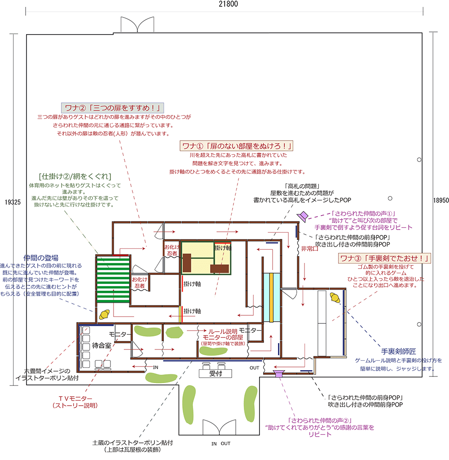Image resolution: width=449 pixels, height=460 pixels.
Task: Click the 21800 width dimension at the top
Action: point(228,4)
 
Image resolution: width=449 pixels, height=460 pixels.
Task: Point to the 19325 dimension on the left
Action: point(13,202)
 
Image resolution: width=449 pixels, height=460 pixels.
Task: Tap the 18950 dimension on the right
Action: point(441,200)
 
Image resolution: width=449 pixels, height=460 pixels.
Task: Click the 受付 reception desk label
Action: point(216,373)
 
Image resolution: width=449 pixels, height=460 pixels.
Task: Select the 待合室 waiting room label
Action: point(101,345)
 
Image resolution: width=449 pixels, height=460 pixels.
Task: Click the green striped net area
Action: point(113,279)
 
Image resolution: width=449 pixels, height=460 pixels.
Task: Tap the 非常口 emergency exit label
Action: point(309,249)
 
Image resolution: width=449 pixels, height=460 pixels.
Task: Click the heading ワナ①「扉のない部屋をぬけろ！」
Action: point(236,146)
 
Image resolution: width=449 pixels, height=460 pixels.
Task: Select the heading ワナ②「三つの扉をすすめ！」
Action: point(112,108)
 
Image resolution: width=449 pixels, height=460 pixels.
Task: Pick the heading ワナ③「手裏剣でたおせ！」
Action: point(384,258)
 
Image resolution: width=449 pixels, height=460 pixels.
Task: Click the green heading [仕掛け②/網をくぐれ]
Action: point(75,176)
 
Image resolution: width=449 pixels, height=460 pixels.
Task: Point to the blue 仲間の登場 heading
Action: point(41,258)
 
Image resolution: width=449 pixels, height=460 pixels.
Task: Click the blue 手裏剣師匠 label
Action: point(398,351)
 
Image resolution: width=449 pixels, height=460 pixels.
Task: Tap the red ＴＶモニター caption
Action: point(75,399)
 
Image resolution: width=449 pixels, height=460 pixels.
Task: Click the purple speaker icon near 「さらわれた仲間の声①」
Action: point(303,216)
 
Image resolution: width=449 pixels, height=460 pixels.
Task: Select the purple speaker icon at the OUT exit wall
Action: point(279,374)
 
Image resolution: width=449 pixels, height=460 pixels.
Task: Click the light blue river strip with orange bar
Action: point(272,297)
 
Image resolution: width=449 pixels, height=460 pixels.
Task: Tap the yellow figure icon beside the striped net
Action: point(105,314)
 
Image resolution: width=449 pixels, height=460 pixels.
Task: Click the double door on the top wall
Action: point(137,24)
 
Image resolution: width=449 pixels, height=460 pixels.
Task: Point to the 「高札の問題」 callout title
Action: point(302,186)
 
